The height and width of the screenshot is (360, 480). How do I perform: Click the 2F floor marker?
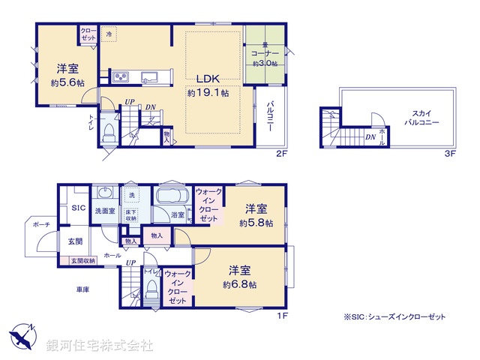(x=280, y=154)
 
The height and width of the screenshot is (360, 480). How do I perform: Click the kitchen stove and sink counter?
(x=137, y=76)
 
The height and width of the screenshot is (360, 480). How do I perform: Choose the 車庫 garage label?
(x=82, y=289)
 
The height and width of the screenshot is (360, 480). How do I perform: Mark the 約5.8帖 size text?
(x=257, y=223)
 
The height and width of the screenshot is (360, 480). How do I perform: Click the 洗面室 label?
(x=104, y=211)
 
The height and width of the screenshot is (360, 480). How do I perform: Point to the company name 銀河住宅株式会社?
(x=100, y=346)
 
